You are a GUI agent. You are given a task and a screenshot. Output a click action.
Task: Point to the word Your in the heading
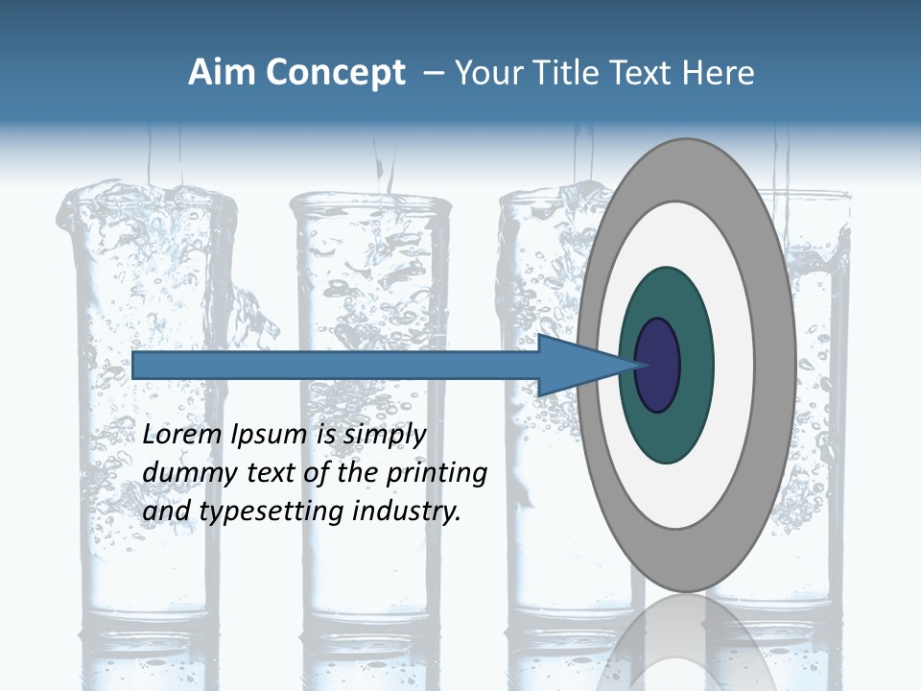(x=487, y=73)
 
